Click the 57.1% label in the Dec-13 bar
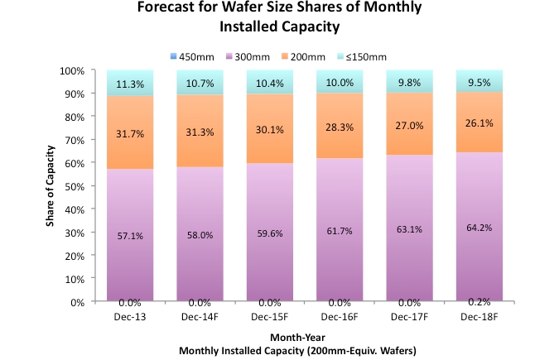tap(131, 236)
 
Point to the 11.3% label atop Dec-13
tap(131, 84)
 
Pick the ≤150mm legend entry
tap(362, 56)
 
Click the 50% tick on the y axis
tap(74, 186)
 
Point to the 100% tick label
tap(72, 70)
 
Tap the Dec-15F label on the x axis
tap(270, 314)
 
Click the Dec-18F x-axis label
tap(479, 314)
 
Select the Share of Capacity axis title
tap(51, 186)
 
